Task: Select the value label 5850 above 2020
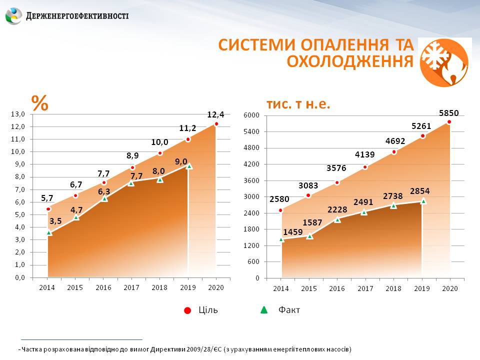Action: point(448,113)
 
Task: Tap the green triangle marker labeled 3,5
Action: point(48,232)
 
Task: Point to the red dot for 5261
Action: point(422,136)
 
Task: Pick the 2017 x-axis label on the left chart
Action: point(131,287)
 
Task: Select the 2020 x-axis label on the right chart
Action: point(450,288)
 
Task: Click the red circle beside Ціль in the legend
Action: point(187,310)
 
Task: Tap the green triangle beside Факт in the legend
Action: point(264,310)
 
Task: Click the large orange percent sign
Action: point(40,102)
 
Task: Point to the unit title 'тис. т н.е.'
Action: point(299,104)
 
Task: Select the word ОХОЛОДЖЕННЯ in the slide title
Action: point(350,61)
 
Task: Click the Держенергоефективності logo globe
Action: point(13,16)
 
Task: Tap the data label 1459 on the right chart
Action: point(292,232)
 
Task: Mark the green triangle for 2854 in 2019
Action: point(423,201)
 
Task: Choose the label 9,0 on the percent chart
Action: point(181,161)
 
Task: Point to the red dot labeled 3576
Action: point(337,182)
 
